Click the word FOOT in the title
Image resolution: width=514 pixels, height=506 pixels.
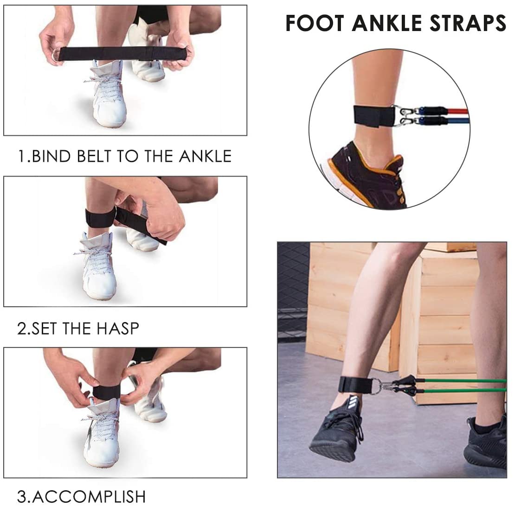tap(315, 23)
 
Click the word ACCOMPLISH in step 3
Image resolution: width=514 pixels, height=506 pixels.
tap(89, 497)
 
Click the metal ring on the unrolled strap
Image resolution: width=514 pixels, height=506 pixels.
tap(56, 54)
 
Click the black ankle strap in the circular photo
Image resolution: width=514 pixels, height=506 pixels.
tap(374, 116)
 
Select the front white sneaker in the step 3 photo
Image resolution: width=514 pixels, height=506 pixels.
tap(101, 432)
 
